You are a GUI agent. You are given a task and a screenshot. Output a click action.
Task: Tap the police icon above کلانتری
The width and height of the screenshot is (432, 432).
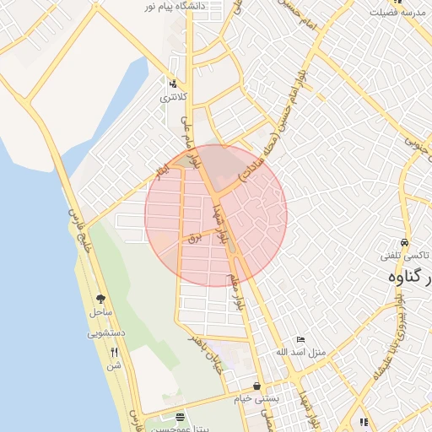(x=173, y=84)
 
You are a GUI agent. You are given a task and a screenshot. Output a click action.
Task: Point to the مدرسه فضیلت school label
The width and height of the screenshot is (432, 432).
(x=397, y=15)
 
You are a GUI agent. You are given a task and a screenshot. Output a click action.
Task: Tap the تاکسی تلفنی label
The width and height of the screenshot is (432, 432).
(x=407, y=256)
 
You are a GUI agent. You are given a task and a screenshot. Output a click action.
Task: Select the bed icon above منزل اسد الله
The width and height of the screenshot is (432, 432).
(x=301, y=339)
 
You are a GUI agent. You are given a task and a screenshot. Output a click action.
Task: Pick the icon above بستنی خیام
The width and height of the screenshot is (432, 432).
(x=256, y=386)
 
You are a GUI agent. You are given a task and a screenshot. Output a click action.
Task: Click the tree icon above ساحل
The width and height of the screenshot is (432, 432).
(x=100, y=299)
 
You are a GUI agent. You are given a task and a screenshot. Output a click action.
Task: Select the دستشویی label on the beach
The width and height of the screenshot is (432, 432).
(x=106, y=333)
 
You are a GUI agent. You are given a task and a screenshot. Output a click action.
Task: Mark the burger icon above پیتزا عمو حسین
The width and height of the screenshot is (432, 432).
(x=179, y=417)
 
